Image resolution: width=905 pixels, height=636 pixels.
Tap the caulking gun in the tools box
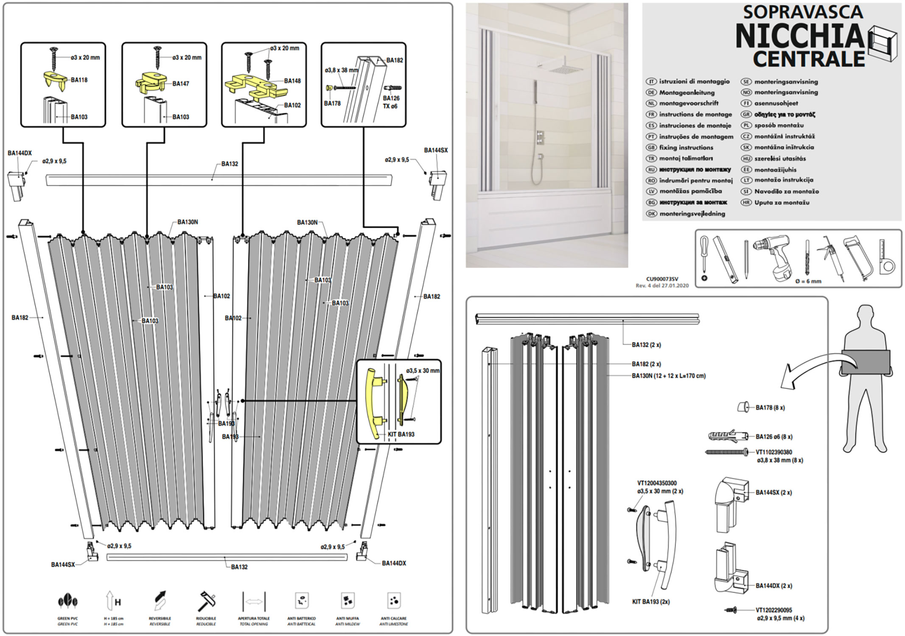click(x=832, y=257)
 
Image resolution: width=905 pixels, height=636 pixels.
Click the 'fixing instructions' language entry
click(x=686, y=148)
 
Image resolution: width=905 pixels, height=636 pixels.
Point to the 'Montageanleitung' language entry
click(x=686, y=92)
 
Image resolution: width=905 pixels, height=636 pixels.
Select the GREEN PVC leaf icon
click(x=67, y=601)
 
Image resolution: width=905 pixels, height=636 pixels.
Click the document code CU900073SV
click(x=662, y=279)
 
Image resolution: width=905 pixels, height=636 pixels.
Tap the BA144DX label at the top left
click(x=20, y=153)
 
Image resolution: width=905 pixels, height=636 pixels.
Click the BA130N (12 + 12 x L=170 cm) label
click(x=668, y=376)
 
